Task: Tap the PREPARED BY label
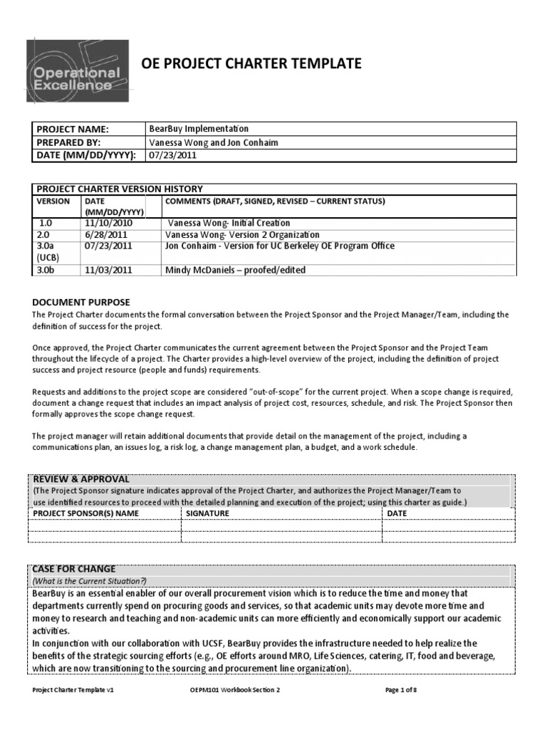tap(68, 142)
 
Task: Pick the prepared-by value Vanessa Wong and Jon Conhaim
tap(213, 142)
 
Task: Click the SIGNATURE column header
tap(207, 513)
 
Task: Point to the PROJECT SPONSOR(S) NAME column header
tap(83, 513)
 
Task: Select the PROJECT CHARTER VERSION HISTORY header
tap(120, 189)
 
